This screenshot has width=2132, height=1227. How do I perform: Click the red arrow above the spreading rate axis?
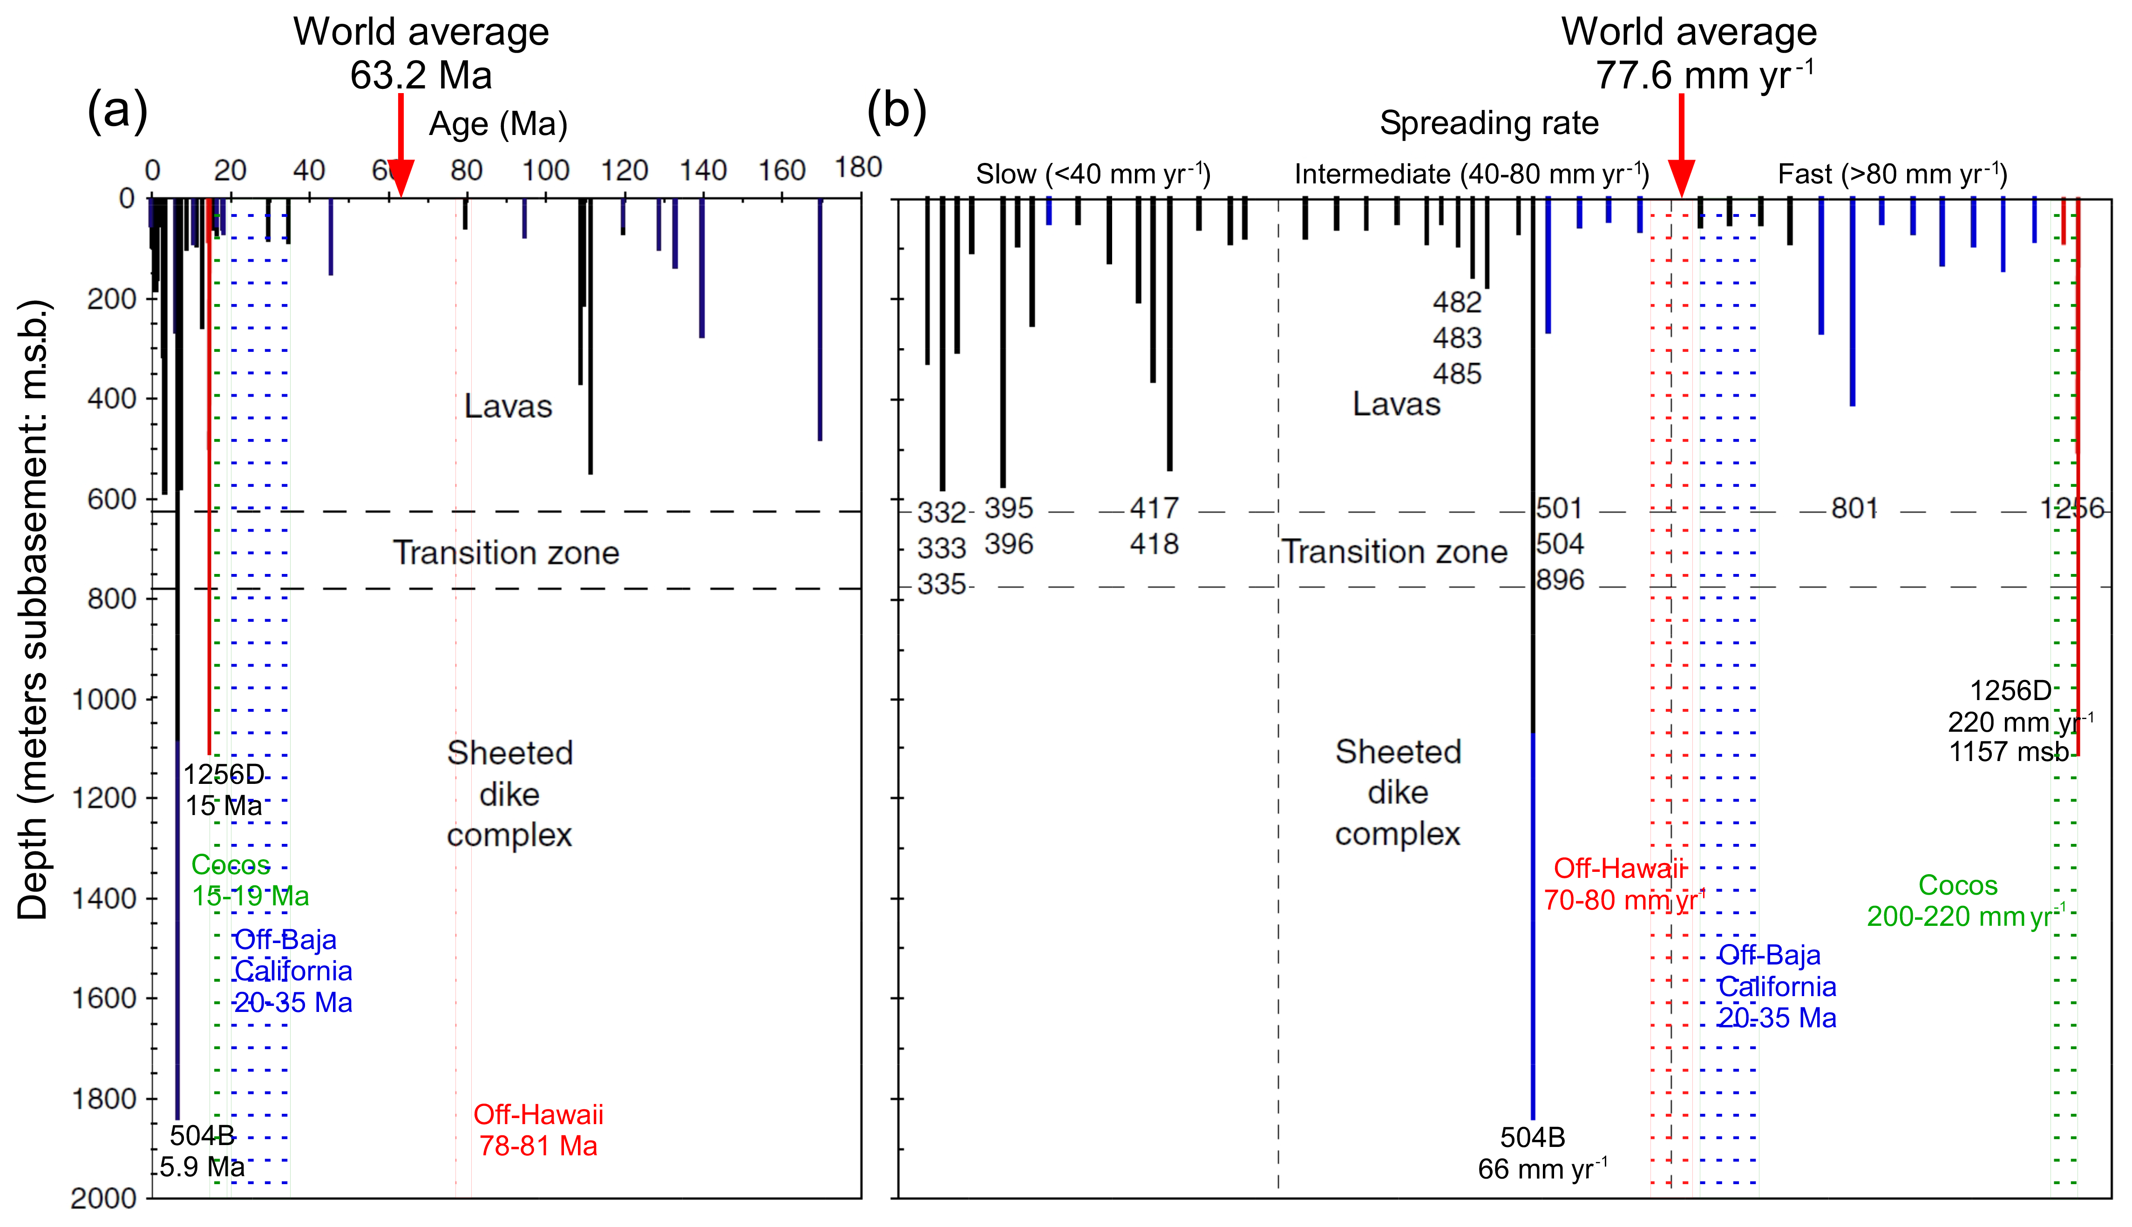1682,148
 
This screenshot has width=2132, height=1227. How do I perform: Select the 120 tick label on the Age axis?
624,171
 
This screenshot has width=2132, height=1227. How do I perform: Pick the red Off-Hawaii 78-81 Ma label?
539,1130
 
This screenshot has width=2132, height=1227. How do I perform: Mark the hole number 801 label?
1854,508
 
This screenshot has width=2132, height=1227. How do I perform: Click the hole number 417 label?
1154,508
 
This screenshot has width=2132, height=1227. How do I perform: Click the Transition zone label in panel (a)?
506,553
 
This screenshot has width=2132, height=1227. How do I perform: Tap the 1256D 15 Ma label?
224,789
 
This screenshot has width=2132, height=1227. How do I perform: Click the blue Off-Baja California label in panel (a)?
292,971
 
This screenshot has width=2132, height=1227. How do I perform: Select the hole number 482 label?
1457,302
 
